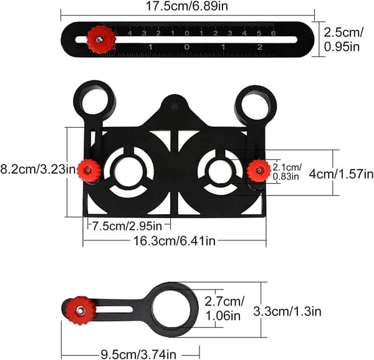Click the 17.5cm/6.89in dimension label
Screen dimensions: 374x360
point(187,6)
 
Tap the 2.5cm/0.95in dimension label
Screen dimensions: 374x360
point(343,39)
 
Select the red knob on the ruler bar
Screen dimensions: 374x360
point(99,39)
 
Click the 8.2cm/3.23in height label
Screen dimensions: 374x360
point(38,169)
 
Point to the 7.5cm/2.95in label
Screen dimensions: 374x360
point(127,226)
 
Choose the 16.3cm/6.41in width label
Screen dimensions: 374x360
point(174,241)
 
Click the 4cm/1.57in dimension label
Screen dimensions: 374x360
point(342,174)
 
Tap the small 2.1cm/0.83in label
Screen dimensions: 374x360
point(287,171)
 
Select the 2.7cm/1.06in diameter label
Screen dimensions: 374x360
point(224,309)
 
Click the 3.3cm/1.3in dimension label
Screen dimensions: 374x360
point(287,311)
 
